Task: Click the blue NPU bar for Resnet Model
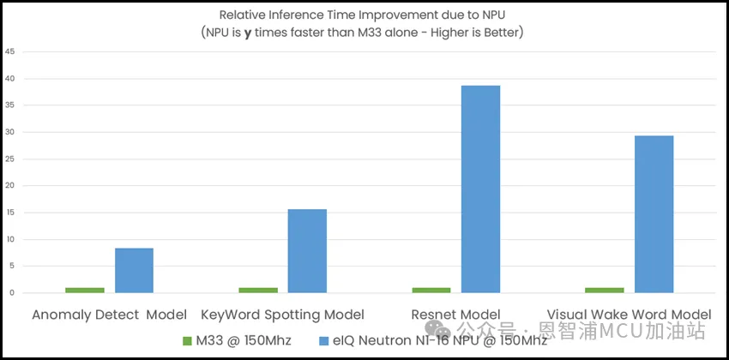point(480,189)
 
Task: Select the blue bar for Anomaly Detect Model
point(134,270)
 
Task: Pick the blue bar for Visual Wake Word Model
point(654,213)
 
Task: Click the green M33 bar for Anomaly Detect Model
point(85,290)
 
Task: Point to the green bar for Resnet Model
point(431,290)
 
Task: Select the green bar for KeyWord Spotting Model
point(258,290)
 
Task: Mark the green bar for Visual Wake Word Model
point(605,290)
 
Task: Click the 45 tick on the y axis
point(9,51)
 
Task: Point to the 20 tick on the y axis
point(9,185)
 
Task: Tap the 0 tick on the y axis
point(11,292)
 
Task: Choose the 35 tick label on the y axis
point(9,105)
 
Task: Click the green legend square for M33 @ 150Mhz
point(187,341)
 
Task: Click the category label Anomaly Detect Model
point(109,315)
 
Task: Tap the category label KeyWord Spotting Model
point(282,315)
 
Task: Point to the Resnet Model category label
point(455,315)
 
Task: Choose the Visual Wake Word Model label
point(629,315)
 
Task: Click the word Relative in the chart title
point(243,15)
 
